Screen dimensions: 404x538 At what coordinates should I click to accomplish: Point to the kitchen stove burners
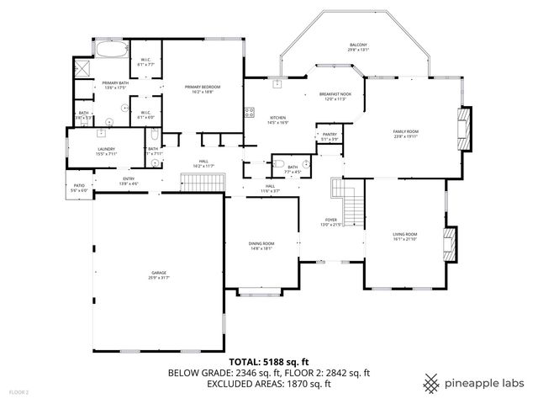pyautogui.click(x=249, y=113)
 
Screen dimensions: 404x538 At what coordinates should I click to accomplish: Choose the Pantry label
pyautogui.click(x=329, y=136)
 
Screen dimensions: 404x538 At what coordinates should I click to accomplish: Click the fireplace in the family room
pyautogui.click(x=462, y=126)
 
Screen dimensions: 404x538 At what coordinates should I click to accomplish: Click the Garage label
pyautogui.click(x=158, y=274)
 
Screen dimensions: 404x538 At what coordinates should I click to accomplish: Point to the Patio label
pyautogui.click(x=79, y=187)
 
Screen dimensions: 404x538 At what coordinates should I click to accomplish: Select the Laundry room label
pyautogui.click(x=106, y=150)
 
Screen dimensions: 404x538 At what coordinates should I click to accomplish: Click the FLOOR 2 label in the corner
pyautogui.click(x=18, y=392)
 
